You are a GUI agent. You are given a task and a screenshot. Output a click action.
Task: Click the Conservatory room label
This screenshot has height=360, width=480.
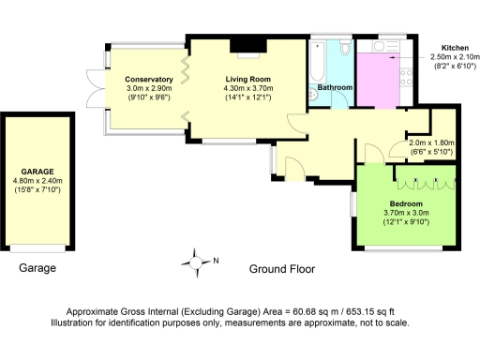[150, 80]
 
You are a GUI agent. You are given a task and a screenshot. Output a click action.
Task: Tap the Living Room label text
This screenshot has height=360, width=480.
[247, 80]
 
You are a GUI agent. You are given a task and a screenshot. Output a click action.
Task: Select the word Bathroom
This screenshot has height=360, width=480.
[335, 88]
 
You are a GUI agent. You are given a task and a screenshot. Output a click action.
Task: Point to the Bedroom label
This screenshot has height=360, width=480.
[406, 203]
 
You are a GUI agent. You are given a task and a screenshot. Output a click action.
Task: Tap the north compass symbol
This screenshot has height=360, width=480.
[197, 262]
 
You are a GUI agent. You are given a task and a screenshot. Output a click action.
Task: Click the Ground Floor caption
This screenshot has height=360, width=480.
[281, 269]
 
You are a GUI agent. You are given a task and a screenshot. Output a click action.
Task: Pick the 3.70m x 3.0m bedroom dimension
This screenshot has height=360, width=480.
[406, 213]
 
